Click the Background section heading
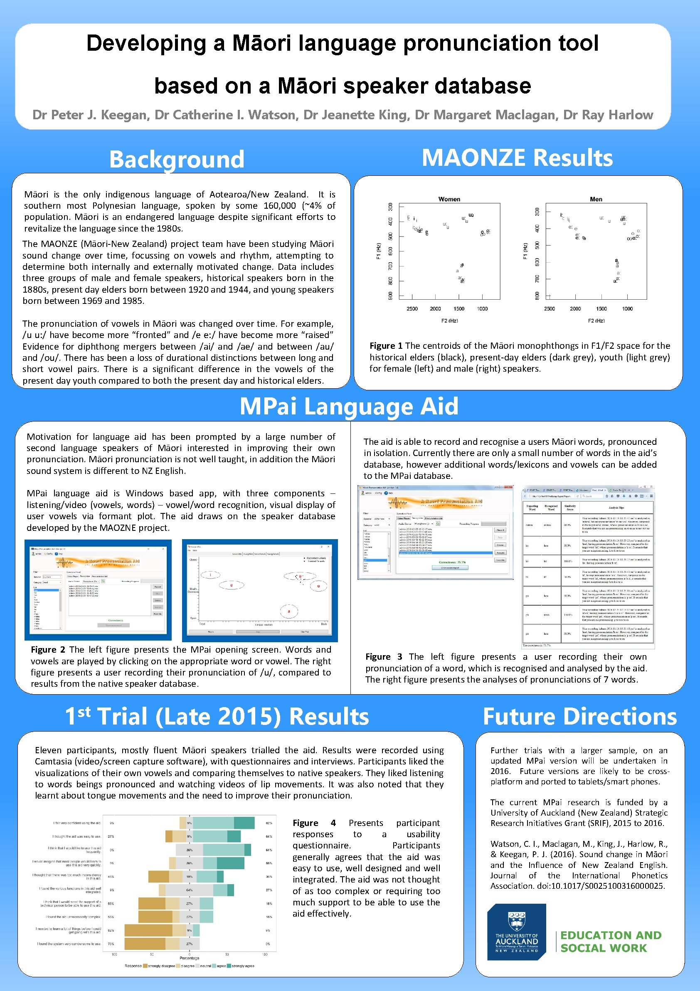(177, 159)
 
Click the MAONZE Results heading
(517, 158)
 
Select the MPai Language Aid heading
(349, 406)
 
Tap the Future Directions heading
(579, 717)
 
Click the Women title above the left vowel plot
(449, 199)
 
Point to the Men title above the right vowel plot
(596, 199)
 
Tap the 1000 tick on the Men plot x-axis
(627, 308)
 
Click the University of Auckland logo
(516, 932)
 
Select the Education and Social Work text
(610, 941)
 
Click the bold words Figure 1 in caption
(386, 346)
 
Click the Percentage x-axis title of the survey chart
(189, 958)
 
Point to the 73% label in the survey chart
(111, 944)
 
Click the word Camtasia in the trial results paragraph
(54, 762)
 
